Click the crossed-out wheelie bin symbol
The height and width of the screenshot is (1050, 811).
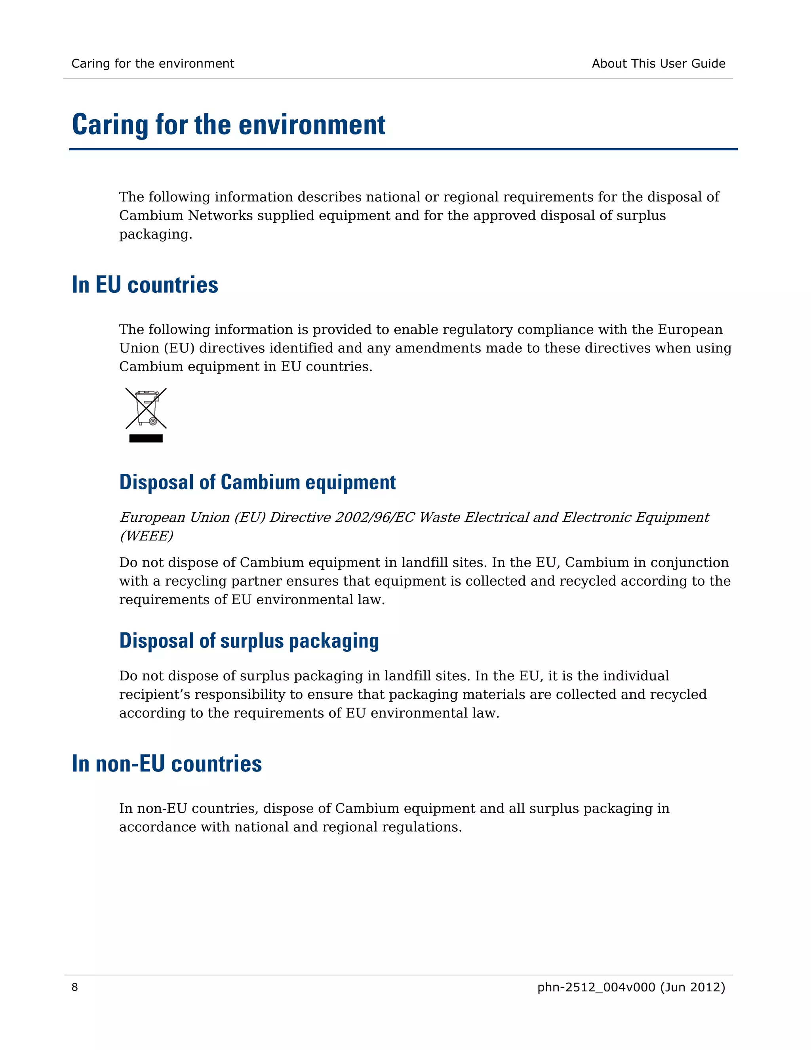tap(146, 409)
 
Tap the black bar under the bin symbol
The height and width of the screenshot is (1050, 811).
tap(146, 438)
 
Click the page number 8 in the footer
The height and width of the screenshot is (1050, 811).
tap(74, 987)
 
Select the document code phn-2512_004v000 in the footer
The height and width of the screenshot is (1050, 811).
tap(596, 987)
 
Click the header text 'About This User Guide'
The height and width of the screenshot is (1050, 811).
tap(658, 63)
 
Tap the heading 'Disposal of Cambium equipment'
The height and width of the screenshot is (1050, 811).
tap(257, 482)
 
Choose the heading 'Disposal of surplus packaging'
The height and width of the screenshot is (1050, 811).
tap(249, 641)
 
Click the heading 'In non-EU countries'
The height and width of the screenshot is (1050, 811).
tap(167, 764)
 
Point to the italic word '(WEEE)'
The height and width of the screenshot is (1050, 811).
tap(146, 536)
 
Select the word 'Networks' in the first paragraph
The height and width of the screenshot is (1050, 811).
tap(220, 216)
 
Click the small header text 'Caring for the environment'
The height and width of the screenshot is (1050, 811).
tap(153, 63)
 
